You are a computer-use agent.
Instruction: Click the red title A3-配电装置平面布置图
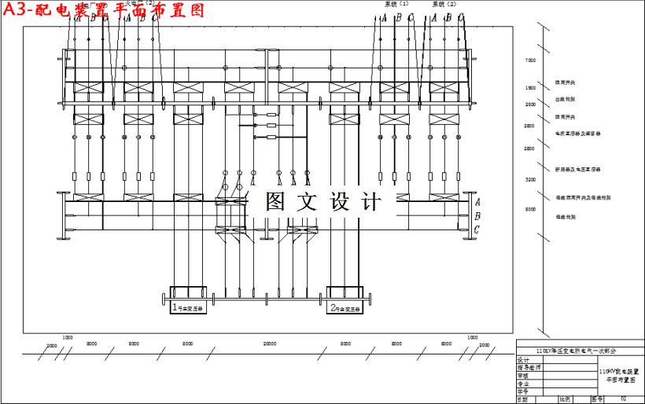102,11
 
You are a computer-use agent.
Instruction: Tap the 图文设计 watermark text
322,202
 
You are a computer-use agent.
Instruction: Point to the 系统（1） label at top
396,5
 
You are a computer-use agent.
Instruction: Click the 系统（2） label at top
444,5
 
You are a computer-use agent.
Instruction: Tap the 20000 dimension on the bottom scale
270,343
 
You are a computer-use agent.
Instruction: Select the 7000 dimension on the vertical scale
530,61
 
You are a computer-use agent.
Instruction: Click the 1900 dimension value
530,88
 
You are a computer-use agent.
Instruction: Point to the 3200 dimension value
530,180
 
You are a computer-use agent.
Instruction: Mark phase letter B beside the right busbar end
477,215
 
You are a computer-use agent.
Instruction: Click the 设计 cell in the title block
525,359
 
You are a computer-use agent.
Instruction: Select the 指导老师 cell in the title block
529,367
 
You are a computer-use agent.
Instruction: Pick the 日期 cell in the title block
525,398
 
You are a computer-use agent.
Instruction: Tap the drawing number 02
623,398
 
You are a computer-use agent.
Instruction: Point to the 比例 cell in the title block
564,398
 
